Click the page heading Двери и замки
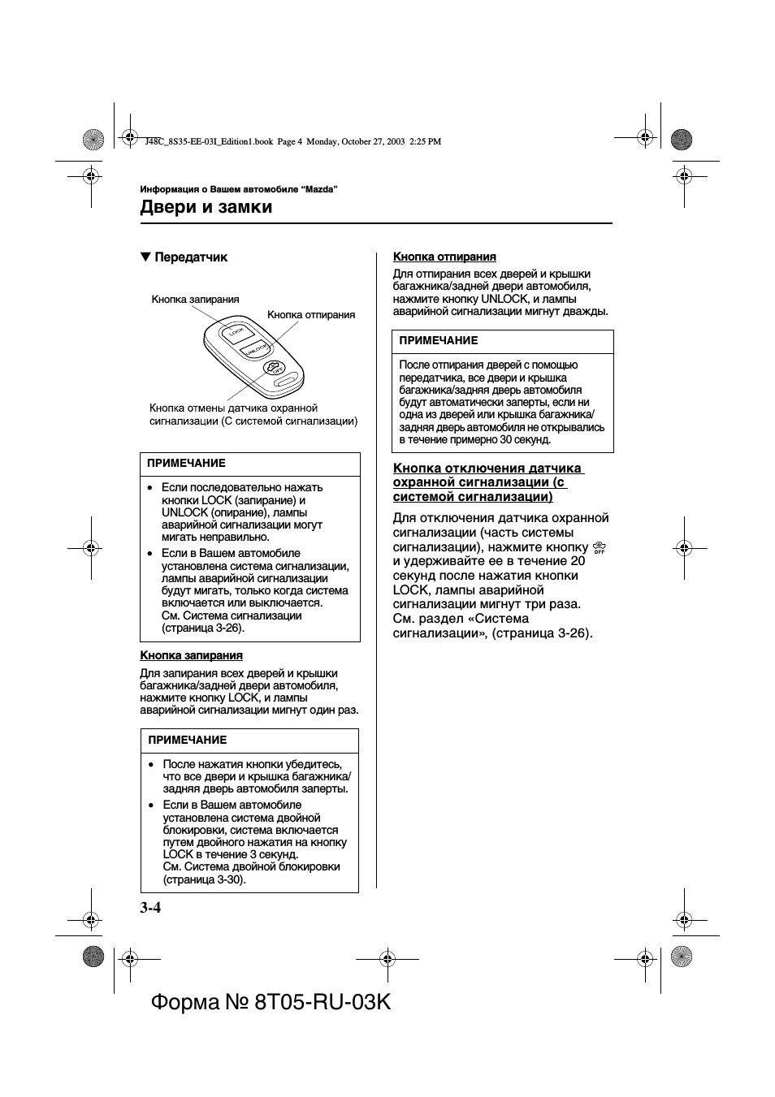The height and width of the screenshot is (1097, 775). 206,207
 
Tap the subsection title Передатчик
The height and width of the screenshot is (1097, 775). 191,257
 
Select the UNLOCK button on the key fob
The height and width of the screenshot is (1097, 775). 255,348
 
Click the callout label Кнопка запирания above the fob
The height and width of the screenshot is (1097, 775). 195,300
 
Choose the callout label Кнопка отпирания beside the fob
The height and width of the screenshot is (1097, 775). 311,315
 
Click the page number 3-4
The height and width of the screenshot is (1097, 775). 150,908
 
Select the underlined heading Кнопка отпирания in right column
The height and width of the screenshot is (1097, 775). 444,257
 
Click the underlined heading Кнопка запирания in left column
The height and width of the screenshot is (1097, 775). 191,655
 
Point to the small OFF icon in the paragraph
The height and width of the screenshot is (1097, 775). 600,547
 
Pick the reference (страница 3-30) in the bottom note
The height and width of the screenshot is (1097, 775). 204,879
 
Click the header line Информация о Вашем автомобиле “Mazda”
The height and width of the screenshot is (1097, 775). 239,189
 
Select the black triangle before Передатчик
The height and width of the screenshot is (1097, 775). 145,257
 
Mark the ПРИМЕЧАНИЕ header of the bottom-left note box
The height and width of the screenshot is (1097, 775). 188,741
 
